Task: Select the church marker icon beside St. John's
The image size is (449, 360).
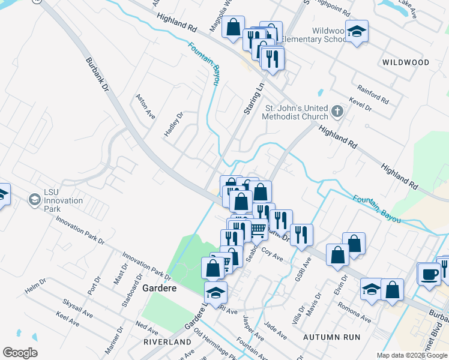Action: tap(337, 111)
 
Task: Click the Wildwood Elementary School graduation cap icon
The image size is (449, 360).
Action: tap(357, 31)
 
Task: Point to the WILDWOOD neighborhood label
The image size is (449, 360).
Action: tap(405, 62)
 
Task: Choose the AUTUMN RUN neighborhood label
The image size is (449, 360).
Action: tap(332, 337)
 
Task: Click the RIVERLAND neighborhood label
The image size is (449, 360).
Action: tap(161, 341)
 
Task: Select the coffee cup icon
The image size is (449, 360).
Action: tap(429, 273)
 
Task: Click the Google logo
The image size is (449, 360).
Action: tap(20, 353)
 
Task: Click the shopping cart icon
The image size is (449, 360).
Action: tap(258, 229)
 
